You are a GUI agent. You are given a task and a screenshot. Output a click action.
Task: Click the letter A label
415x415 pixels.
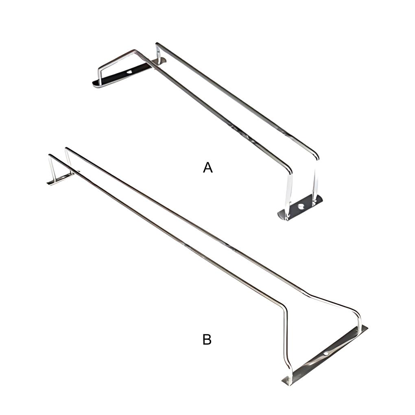coord(208,168)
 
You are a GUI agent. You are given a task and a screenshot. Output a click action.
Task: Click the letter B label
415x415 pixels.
coord(207,340)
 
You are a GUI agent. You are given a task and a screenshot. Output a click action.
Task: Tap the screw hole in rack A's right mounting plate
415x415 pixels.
coord(301,206)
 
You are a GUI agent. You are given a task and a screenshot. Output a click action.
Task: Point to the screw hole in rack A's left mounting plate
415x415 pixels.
coord(129,72)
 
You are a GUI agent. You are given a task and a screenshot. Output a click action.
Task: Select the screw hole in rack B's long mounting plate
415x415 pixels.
coord(326,354)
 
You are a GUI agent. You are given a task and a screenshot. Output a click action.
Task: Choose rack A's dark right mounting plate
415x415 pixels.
coord(300,207)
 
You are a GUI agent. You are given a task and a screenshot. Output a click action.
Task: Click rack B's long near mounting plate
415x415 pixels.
coord(325,355)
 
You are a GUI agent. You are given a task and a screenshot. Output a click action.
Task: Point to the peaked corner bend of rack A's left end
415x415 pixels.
coord(134,50)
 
